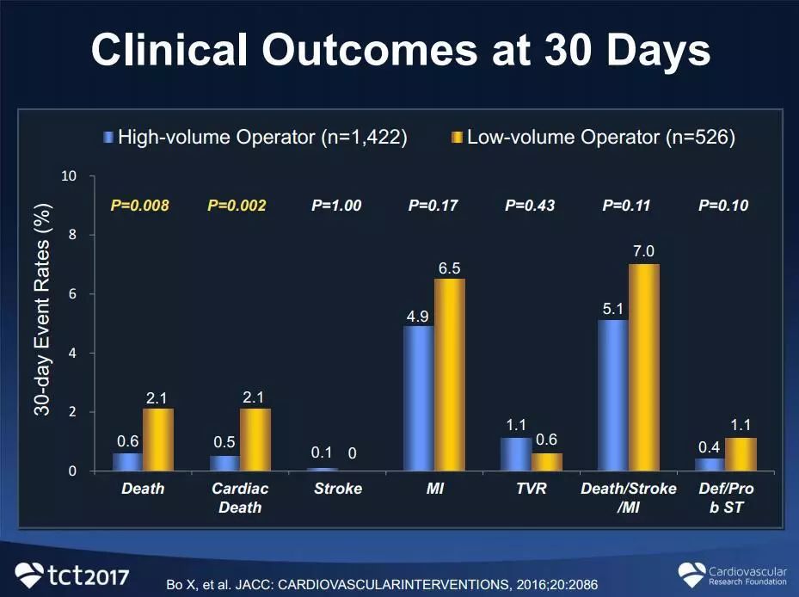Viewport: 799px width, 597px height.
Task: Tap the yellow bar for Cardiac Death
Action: [x=255, y=440]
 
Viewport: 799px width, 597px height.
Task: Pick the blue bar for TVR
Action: [x=516, y=454]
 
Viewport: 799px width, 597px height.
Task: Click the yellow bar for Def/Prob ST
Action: [x=741, y=454]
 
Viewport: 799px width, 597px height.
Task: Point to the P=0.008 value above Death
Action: [x=139, y=206]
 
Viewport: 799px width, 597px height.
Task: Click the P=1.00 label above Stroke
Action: [x=336, y=206]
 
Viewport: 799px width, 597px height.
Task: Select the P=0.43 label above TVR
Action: [x=530, y=206]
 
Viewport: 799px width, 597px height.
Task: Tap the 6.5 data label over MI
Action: [x=449, y=268]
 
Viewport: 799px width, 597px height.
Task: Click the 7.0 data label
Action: [x=644, y=252]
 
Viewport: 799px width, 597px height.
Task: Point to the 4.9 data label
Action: [x=419, y=315]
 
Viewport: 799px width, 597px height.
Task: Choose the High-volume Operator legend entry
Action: [x=255, y=138]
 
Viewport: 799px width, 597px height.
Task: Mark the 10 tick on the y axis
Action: [x=69, y=176]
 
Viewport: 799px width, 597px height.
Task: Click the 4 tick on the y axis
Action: [x=72, y=354]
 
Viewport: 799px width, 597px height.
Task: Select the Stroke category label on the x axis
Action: [x=336, y=489]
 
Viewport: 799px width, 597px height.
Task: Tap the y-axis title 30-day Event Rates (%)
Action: [x=42, y=310]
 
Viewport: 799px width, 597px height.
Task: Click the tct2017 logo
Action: [x=73, y=573]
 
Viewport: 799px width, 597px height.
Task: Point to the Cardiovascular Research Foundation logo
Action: [x=732, y=574]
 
